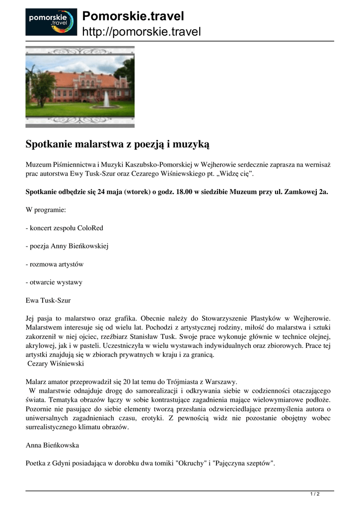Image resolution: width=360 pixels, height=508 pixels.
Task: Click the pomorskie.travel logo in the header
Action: (x=51, y=22)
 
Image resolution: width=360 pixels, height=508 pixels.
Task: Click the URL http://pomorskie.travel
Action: (x=141, y=32)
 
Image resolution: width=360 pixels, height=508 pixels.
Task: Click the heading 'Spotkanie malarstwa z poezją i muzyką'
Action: (x=117, y=144)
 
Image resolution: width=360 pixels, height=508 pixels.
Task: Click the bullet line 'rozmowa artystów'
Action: (x=54, y=264)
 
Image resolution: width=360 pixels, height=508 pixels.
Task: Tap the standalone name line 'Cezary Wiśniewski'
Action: (x=57, y=364)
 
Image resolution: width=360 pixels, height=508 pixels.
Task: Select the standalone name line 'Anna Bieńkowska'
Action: (x=52, y=445)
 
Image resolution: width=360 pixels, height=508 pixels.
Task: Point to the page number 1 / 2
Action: (x=315, y=494)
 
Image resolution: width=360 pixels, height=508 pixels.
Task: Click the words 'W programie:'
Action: (x=45, y=210)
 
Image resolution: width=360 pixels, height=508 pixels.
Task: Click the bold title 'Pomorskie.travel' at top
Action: (x=133, y=16)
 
